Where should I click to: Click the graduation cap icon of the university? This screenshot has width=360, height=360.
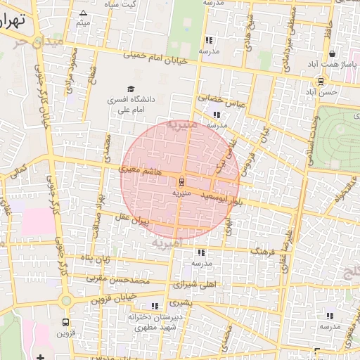[130, 89]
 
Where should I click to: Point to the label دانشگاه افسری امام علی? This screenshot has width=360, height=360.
[130, 105]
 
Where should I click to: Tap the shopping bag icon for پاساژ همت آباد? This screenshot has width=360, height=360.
[331, 54]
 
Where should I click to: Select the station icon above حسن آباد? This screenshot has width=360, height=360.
[320, 81]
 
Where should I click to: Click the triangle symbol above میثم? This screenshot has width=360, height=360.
[84, 13]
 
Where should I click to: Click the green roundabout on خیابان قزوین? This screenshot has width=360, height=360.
[65, 300]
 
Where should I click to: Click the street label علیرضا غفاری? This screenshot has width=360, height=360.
[286, 238]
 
